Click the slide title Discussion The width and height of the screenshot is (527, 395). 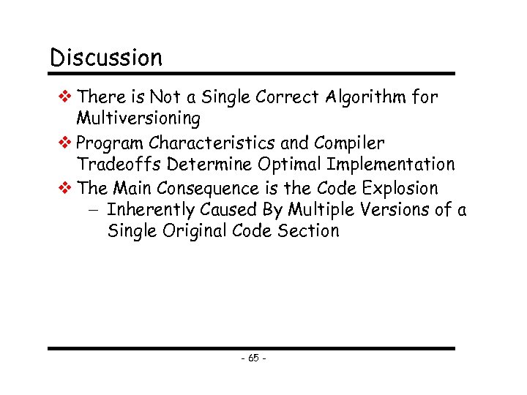[x=106, y=57]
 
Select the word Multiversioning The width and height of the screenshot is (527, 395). [x=138, y=118]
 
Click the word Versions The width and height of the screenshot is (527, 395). [x=395, y=210]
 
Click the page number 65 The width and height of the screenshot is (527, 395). [x=253, y=358]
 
